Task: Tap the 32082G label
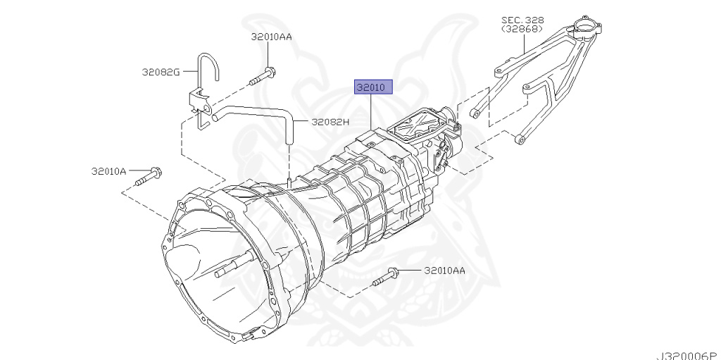pyautogui.click(x=161, y=71)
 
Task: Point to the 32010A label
pyautogui.click(x=108, y=170)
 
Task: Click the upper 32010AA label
pyautogui.click(x=271, y=37)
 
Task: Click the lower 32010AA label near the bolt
pyautogui.click(x=444, y=270)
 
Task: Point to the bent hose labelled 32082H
pyautogui.click(x=261, y=111)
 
